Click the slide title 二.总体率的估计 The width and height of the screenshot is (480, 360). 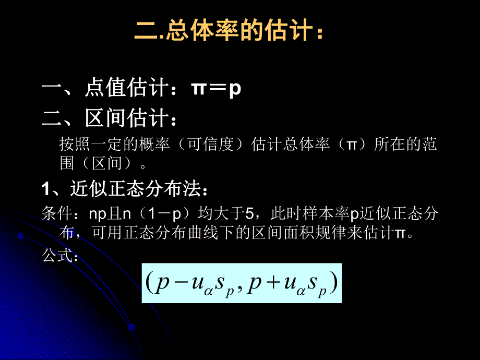[x=230, y=33]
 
